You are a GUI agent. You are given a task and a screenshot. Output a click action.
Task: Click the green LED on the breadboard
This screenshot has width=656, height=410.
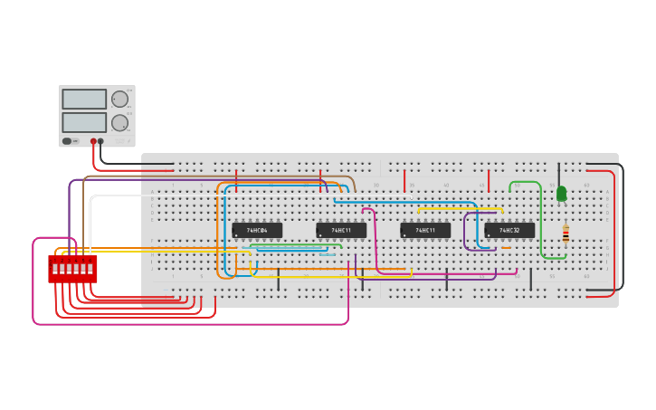coord(561,194)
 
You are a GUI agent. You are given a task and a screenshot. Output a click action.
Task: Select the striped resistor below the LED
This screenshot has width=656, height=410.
coord(566,234)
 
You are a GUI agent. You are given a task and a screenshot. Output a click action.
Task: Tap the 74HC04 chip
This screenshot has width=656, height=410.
coord(257,231)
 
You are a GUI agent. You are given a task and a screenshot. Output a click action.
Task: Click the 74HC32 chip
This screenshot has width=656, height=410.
coord(509,231)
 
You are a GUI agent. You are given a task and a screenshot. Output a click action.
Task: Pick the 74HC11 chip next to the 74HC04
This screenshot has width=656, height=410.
coord(341,231)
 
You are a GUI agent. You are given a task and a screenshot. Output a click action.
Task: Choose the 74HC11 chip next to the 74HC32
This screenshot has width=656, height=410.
coord(425,231)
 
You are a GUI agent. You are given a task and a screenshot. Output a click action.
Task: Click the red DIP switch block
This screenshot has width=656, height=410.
coord(72,269)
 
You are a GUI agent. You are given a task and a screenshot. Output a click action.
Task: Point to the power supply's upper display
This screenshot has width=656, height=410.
coord(84,100)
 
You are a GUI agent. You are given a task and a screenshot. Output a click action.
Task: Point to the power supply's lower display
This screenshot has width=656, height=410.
coord(84,122)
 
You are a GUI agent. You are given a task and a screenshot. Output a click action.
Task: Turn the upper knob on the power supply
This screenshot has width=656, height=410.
coord(119,100)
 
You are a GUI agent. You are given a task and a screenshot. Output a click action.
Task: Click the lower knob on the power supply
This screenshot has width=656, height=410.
coord(119,122)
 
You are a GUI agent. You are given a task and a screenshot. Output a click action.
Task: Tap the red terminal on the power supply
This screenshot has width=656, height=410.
coord(93,141)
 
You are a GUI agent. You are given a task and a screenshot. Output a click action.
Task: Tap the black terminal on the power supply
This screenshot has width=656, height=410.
coord(100,141)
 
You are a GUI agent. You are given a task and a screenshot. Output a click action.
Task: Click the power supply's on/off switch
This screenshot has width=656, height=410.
coord(67,141)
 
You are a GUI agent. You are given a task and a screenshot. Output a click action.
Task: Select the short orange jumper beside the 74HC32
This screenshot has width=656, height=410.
coord(506,248)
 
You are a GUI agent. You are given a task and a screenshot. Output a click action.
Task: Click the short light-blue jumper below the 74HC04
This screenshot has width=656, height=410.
coord(328,255)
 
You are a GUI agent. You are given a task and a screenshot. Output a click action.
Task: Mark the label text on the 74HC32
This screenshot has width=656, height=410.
coord(509,231)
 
